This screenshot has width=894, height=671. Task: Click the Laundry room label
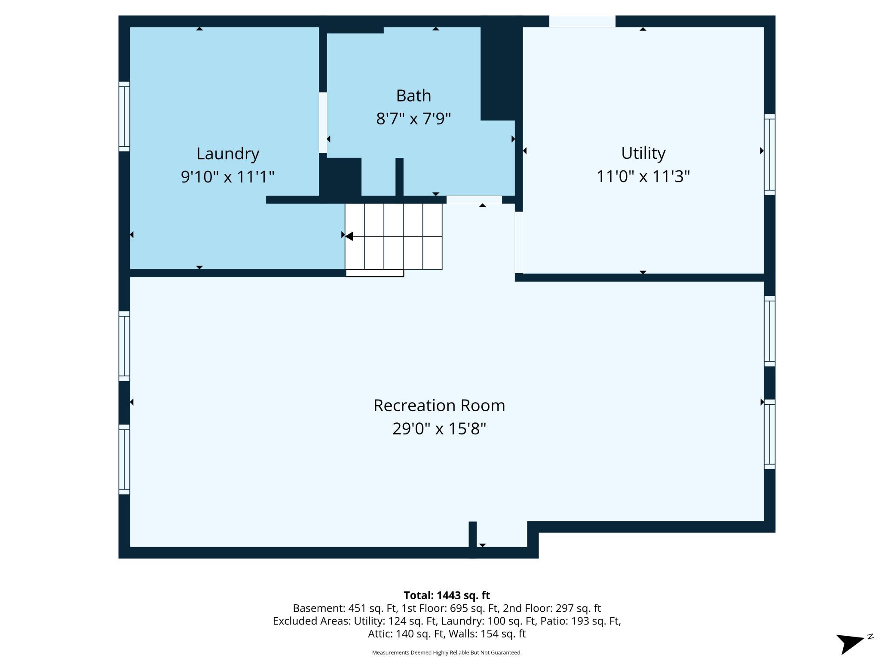(x=227, y=154)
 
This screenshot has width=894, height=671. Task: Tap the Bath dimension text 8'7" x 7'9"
(x=413, y=118)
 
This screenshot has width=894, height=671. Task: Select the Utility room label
(x=643, y=153)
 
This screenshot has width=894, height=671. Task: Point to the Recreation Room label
(x=439, y=405)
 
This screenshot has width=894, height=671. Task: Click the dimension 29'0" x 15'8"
(x=439, y=428)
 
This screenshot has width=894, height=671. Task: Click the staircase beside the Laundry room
(x=393, y=237)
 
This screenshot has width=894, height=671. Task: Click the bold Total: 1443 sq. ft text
(x=447, y=595)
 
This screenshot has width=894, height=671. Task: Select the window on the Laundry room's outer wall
(x=124, y=117)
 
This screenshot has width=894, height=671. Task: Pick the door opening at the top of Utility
(x=582, y=22)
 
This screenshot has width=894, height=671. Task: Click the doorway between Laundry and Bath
(x=323, y=123)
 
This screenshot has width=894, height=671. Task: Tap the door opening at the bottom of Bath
(x=474, y=200)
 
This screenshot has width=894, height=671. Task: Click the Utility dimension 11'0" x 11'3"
(x=643, y=176)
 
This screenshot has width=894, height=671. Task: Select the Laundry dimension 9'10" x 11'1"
(x=227, y=176)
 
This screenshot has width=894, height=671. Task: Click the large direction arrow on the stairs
(x=349, y=236)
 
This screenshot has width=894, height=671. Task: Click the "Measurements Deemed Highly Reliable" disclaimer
(x=447, y=653)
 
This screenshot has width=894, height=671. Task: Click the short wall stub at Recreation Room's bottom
(x=472, y=536)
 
